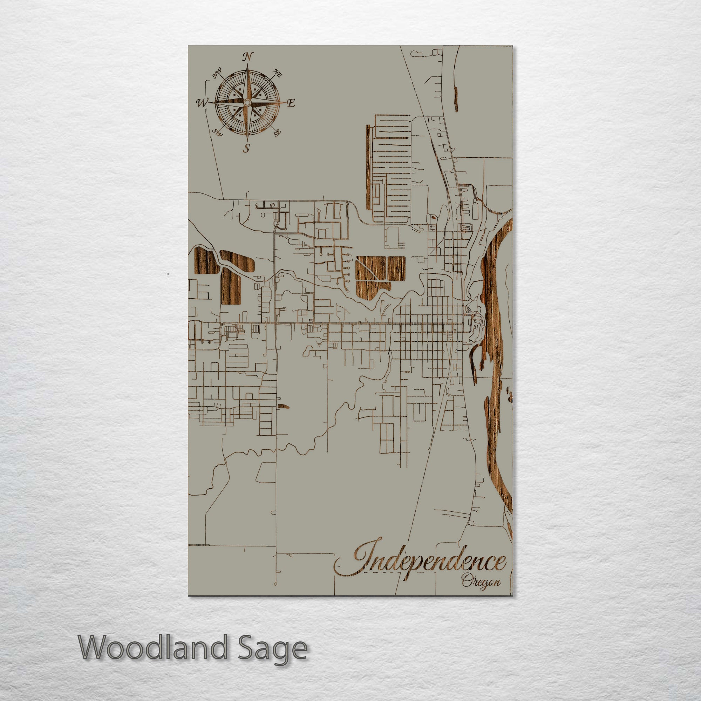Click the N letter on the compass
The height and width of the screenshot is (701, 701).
[x=248, y=57]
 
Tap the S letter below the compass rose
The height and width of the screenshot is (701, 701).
[x=247, y=148]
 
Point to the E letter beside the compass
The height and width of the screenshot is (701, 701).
[x=291, y=103]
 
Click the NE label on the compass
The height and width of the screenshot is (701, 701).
[x=278, y=74]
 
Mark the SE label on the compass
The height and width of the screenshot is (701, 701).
[x=277, y=133]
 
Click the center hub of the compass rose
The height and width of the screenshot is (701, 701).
[x=247, y=103]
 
